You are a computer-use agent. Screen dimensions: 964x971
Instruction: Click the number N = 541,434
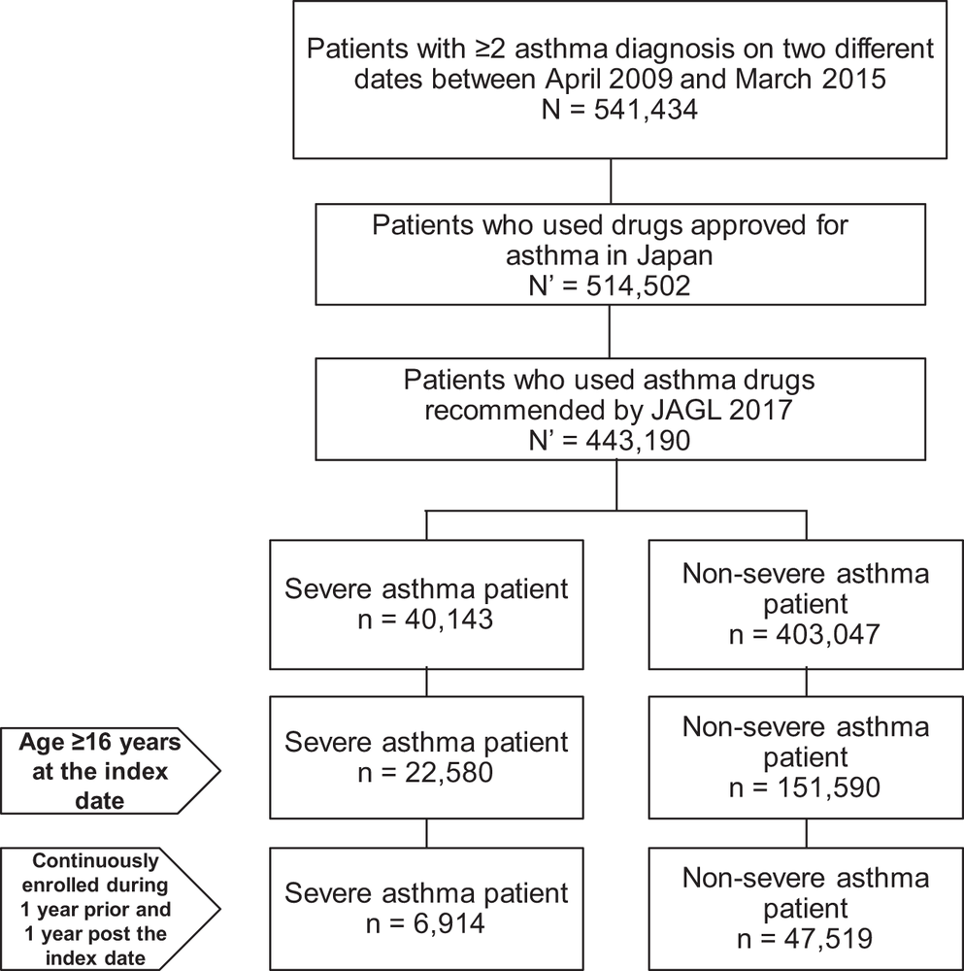(x=619, y=110)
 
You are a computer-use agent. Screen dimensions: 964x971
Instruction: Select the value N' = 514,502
(x=610, y=286)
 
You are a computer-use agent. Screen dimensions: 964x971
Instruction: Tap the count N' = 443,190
(x=610, y=440)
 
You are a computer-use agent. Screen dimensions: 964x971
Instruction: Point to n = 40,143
(x=426, y=619)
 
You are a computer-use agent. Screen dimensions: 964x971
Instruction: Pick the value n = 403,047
(x=805, y=634)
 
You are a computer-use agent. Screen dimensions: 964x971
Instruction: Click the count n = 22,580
(x=426, y=772)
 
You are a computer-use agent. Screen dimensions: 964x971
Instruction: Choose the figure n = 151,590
(x=805, y=787)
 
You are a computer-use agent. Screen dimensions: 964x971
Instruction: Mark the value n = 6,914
(x=426, y=923)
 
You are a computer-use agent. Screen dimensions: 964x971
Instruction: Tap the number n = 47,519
(x=805, y=939)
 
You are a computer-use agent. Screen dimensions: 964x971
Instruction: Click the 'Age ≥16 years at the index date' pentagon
(x=111, y=771)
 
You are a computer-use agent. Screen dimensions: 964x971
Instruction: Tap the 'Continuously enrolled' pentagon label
(x=111, y=909)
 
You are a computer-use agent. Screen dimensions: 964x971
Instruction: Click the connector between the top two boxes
(x=611, y=182)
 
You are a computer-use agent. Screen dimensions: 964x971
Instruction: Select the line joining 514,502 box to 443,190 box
(x=610, y=331)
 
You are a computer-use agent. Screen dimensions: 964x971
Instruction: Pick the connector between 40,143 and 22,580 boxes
(x=426, y=683)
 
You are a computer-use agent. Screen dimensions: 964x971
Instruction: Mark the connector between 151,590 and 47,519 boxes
(x=806, y=833)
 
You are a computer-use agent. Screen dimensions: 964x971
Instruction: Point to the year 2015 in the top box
(x=855, y=80)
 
